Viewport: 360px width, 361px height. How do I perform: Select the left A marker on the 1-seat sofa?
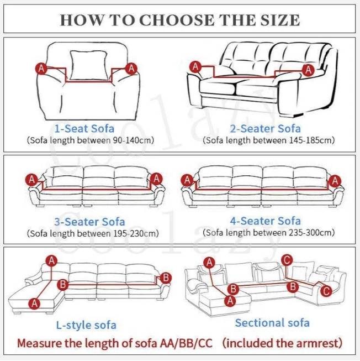(x=41, y=69)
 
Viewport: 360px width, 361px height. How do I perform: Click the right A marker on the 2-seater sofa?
(x=308, y=70)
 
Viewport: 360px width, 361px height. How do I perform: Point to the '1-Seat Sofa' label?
(x=84, y=129)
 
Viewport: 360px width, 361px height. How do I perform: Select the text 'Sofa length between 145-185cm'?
(x=268, y=140)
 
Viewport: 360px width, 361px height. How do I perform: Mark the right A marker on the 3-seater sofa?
(x=157, y=179)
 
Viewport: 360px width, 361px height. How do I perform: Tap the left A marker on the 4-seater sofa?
(x=188, y=180)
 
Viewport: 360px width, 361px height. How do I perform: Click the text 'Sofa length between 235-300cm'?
(x=268, y=232)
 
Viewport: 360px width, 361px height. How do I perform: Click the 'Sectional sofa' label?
(x=272, y=322)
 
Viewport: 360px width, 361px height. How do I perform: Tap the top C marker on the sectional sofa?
(x=286, y=260)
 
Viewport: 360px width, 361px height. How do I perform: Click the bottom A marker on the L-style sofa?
(x=35, y=303)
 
